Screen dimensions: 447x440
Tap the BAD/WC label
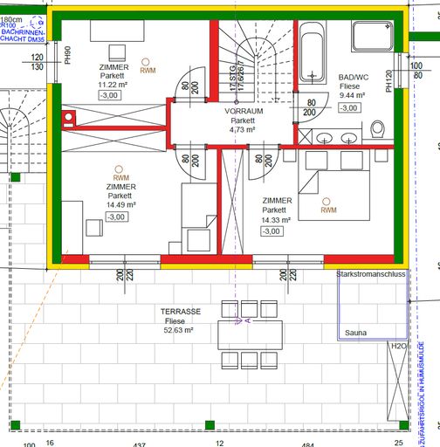(354, 77)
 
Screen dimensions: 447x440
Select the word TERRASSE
(181, 312)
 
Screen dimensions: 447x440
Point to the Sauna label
(355, 333)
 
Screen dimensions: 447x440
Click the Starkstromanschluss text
(371, 274)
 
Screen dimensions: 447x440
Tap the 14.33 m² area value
(275, 220)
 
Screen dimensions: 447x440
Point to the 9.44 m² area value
(354, 96)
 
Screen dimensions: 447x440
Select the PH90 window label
(67, 54)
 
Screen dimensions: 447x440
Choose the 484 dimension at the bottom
(307, 444)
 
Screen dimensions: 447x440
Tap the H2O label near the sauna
(397, 347)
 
